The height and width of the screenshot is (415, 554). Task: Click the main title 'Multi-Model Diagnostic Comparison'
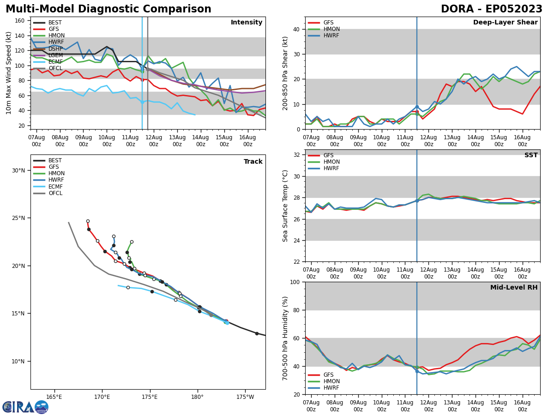(x=108, y=9)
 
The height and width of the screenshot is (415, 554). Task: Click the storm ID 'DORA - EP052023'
(x=491, y=9)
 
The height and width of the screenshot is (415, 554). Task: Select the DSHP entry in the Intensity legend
(x=55, y=49)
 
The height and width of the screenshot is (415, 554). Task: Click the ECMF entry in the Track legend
(x=55, y=187)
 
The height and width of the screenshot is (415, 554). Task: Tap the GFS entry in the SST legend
(x=328, y=155)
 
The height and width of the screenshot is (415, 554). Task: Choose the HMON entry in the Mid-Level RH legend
(x=331, y=381)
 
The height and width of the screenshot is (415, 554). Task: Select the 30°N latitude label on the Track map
(x=18, y=170)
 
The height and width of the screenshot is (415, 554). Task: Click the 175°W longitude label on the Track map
(x=245, y=397)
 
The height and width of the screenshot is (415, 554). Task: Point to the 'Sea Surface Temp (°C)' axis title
(x=286, y=206)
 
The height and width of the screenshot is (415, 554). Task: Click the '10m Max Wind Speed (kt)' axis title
(x=9, y=73)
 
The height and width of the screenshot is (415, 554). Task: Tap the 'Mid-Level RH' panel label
(x=514, y=288)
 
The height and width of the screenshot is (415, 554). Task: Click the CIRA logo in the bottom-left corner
(x=25, y=407)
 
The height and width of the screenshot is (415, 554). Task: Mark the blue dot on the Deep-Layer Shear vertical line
(x=417, y=107)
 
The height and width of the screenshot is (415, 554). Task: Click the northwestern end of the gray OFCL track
(x=68, y=223)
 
